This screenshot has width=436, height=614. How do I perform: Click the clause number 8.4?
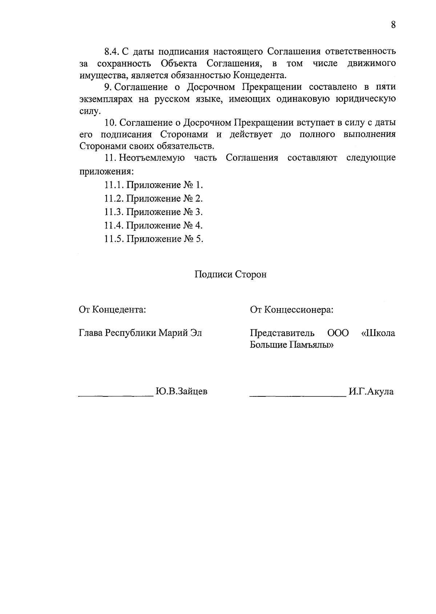click(112, 51)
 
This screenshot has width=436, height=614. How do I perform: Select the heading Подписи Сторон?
click(230, 274)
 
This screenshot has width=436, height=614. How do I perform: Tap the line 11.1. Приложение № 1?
click(153, 185)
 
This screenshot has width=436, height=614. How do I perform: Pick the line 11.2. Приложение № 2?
click(153, 198)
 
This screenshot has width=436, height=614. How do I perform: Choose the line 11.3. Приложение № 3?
click(153, 212)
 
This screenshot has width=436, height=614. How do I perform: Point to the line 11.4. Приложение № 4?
click(153, 225)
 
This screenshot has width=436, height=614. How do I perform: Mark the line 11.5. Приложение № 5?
click(153, 239)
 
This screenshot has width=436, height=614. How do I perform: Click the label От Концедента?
click(113, 310)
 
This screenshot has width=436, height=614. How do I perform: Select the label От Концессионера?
click(292, 310)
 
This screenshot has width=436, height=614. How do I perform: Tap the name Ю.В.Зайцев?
click(181, 392)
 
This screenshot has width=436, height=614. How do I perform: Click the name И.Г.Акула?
click(371, 392)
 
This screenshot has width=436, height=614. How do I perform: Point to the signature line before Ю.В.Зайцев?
click(116, 395)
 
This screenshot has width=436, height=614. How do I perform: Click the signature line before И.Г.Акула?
click(298, 395)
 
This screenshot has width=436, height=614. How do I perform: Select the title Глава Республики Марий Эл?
click(140, 333)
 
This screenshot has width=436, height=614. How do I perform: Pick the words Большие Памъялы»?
click(292, 345)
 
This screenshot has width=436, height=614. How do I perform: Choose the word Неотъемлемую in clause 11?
click(152, 158)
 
